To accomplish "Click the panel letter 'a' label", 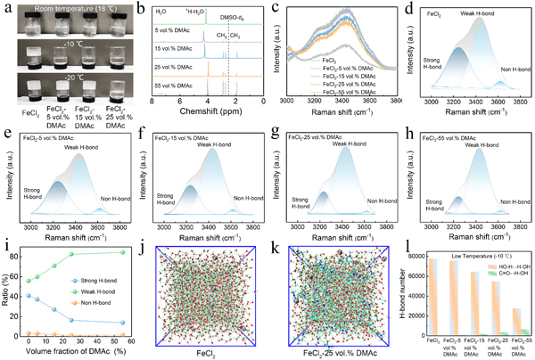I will click(6, 7).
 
